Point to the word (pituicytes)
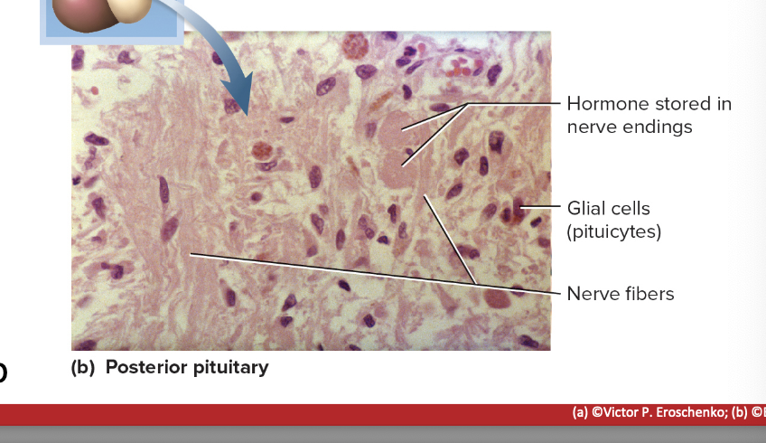click(x=614, y=231)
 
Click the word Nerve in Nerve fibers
click(x=591, y=293)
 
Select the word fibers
click(x=647, y=293)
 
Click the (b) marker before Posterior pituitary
click(x=84, y=367)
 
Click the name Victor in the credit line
click(x=624, y=412)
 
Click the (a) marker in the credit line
click(x=581, y=412)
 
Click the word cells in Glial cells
click(x=630, y=209)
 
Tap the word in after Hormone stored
click(x=724, y=104)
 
